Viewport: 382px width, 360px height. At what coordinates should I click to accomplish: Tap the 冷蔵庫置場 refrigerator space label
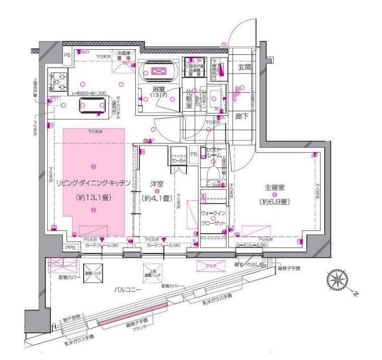(x=124, y=55)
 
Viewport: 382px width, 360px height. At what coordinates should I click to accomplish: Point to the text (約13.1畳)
(x=93, y=198)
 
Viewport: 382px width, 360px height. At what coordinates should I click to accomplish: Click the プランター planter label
(x=140, y=327)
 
